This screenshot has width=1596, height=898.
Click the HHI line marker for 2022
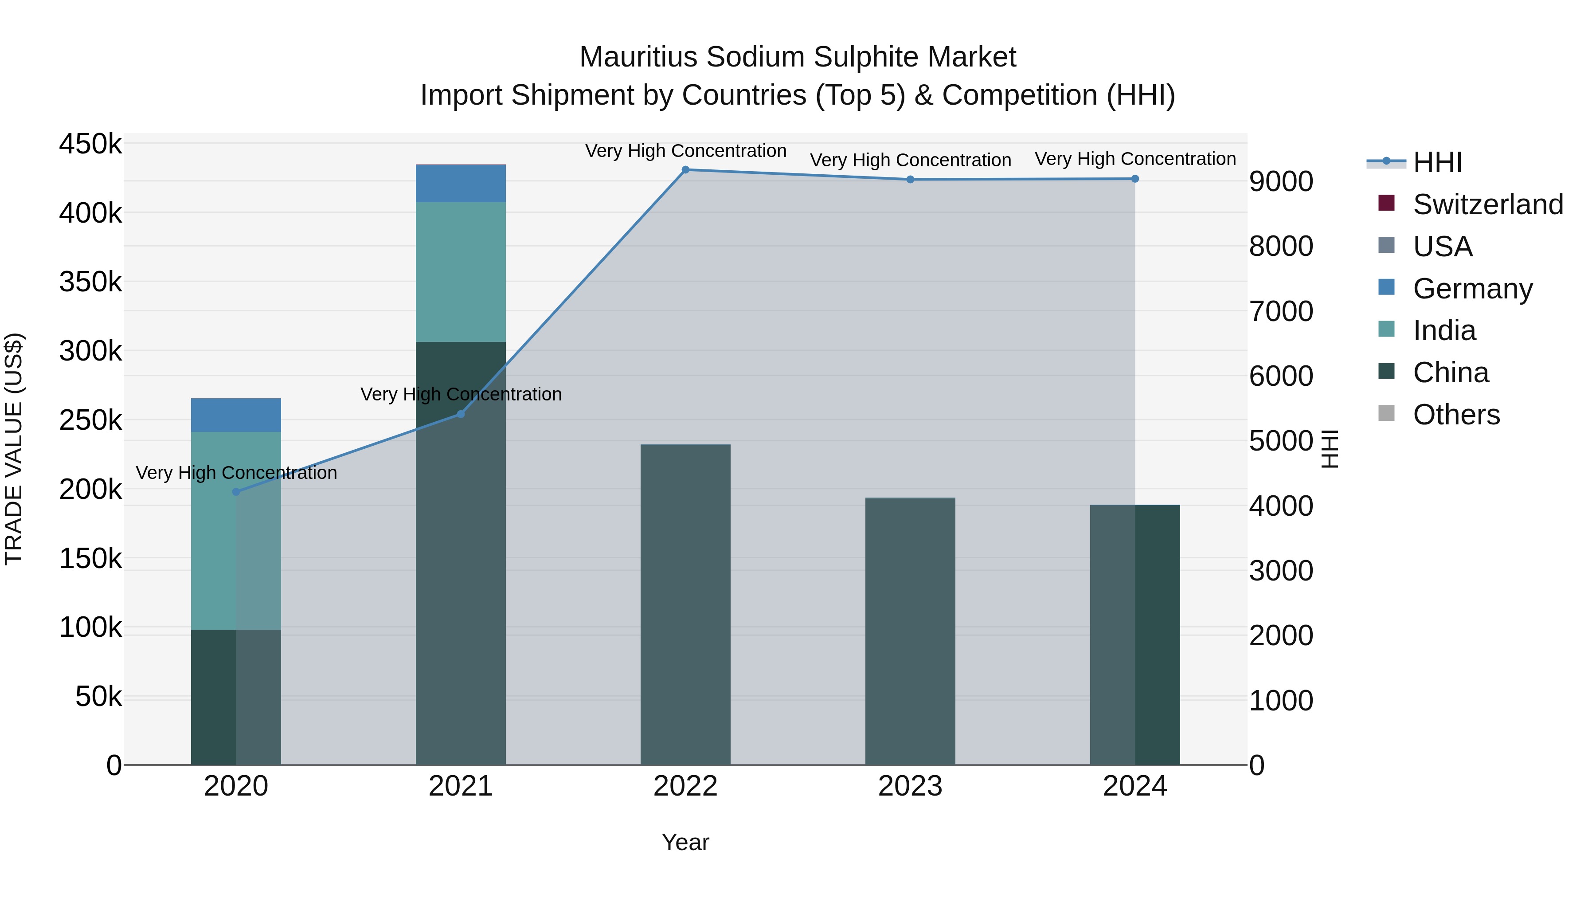point(685,170)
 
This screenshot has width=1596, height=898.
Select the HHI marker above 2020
point(236,492)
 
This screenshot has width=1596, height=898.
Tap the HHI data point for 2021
point(460,414)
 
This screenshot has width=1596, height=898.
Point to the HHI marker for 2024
point(1134,179)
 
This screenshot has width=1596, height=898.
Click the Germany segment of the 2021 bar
point(460,184)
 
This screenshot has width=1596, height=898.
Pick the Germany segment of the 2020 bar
point(236,415)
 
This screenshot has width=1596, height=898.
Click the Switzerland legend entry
point(1487,204)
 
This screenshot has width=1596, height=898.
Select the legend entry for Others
point(1456,415)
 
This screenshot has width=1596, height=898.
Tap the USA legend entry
point(1442,247)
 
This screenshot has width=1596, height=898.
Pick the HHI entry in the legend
point(1437,162)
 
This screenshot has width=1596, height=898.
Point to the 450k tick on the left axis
point(90,145)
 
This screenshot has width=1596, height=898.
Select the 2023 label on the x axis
point(910,786)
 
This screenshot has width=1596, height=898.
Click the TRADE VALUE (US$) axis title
point(14,449)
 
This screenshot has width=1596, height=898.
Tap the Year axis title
point(685,842)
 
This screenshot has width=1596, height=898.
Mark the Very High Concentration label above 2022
point(685,151)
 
